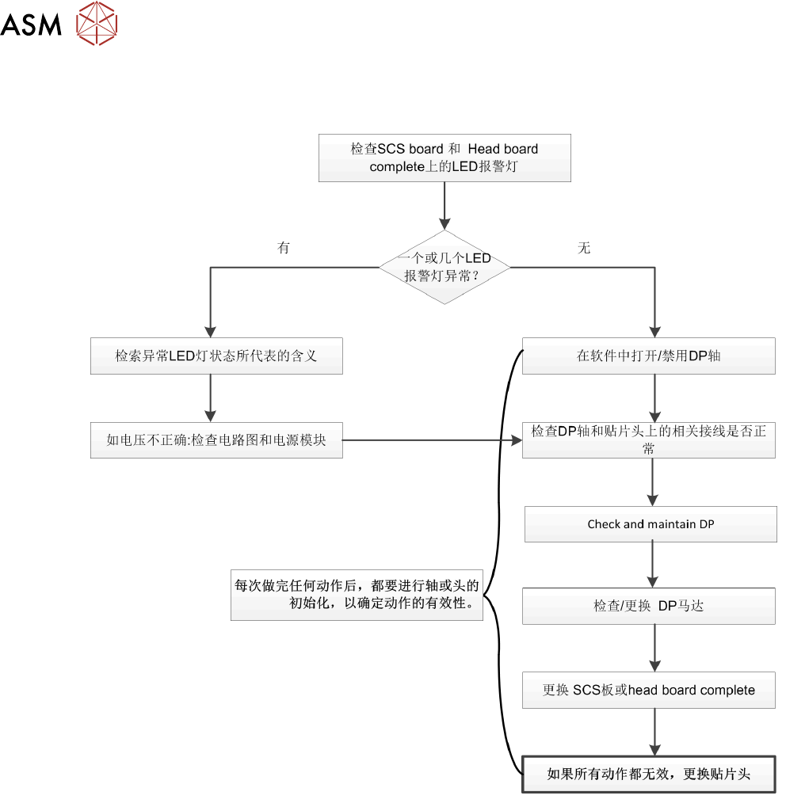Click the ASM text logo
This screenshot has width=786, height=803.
tap(31, 25)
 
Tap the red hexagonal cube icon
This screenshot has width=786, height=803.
tap(97, 23)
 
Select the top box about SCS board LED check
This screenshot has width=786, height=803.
tap(445, 158)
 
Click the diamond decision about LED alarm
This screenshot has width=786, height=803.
tap(445, 268)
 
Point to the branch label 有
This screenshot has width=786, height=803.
tap(284, 248)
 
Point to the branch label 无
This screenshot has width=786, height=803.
tap(584, 248)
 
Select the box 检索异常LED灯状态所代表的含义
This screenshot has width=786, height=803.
tap(217, 356)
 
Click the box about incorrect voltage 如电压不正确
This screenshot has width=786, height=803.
tap(217, 440)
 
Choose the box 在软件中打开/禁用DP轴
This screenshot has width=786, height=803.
tap(649, 356)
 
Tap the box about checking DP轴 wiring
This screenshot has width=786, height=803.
tap(649, 440)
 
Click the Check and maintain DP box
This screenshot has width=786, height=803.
tap(651, 524)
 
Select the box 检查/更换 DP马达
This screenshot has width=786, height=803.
tap(649, 607)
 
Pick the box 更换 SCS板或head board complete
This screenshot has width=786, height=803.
tap(649, 691)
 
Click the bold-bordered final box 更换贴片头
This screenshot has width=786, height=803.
tap(649, 774)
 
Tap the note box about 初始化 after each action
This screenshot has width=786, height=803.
tap(357, 595)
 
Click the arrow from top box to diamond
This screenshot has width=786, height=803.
tap(445, 206)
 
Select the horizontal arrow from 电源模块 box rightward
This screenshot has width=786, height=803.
tap(433, 440)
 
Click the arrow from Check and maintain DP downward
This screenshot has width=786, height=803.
tap(652, 565)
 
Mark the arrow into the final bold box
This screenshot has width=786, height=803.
tap(654, 733)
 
